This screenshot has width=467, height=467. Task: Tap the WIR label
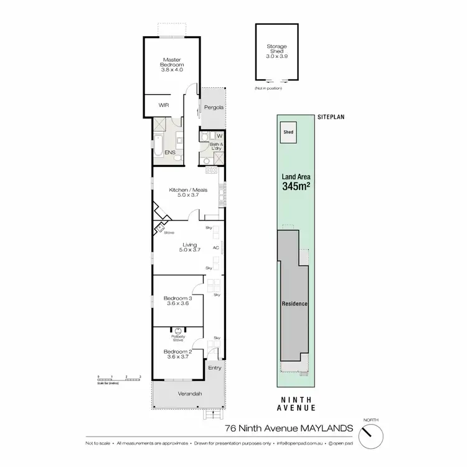[x=164, y=105]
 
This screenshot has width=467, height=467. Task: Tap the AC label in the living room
[x=215, y=248]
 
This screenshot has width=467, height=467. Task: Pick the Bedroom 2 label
[x=176, y=354]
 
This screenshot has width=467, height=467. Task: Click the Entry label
[x=214, y=369]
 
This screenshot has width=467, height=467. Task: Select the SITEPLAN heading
[x=330, y=116]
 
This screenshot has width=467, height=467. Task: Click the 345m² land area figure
[x=295, y=186]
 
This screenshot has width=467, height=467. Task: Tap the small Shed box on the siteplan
[x=289, y=133]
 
